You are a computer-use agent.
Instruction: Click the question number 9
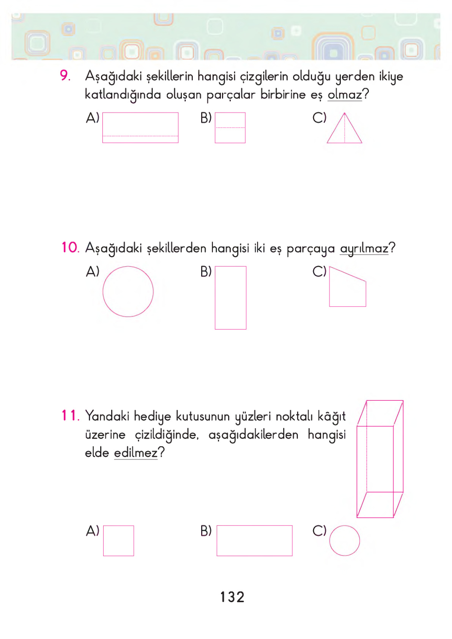(65, 76)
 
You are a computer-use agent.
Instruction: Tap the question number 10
(70, 247)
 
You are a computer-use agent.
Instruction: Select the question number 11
(70, 416)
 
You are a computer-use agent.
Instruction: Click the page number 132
(232, 597)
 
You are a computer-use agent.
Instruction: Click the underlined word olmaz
(345, 94)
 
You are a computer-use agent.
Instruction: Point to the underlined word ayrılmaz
(364, 248)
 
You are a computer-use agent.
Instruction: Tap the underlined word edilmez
(135, 453)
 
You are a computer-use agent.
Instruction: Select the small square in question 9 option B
(230, 127)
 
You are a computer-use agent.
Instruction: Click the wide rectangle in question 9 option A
(140, 127)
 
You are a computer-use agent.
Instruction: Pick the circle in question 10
(128, 291)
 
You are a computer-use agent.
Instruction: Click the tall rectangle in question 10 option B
(230, 297)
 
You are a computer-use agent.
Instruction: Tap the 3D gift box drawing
(380, 459)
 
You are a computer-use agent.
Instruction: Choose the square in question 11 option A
(118, 540)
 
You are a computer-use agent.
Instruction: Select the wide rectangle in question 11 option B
(254, 540)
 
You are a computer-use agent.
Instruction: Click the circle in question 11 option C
(344, 540)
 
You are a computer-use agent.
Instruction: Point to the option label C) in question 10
(319, 271)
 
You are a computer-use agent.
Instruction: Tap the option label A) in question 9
(93, 118)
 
